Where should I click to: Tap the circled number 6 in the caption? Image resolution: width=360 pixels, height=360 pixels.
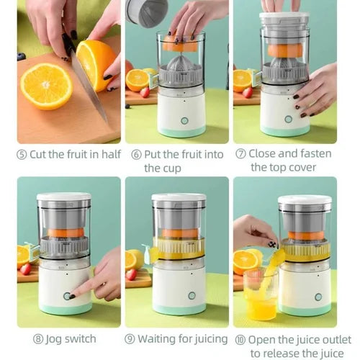[x=137, y=153]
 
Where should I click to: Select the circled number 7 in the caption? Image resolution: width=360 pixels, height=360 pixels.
[x=242, y=153]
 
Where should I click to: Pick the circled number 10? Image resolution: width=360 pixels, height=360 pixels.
[x=241, y=338]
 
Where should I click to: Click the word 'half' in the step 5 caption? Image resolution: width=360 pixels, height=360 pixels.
[x=105, y=153]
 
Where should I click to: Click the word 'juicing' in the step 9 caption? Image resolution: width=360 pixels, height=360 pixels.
[x=207, y=338]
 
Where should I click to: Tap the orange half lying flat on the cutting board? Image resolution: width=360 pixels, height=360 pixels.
[x=46, y=86]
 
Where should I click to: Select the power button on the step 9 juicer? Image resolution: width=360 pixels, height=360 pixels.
[x=192, y=295]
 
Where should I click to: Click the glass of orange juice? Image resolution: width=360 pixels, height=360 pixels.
[x=260, y=295]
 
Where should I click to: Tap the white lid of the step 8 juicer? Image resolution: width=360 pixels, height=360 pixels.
[x=63, y=197]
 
